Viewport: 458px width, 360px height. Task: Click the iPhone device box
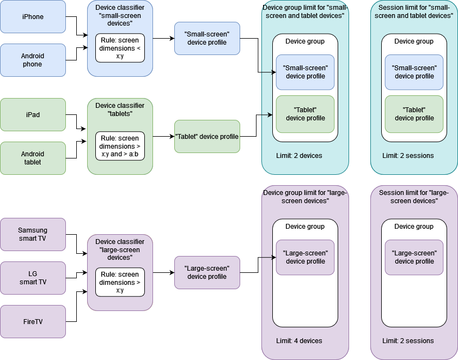pos(33,16)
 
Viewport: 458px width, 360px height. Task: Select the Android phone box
pos(33,60)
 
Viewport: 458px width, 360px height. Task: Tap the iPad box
pos(33,114)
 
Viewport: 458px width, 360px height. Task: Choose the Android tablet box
pos(33,158)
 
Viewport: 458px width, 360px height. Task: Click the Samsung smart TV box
pos(33,234)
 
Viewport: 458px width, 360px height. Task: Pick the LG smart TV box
pos(33,278)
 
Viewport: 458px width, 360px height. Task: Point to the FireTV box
pos(33,321)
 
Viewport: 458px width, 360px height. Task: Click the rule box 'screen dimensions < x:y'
pos(120,48)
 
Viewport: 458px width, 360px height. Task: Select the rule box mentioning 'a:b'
pos(120,146)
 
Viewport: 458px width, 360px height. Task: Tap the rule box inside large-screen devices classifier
pos(120,282)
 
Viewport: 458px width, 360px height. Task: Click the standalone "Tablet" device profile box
pos(207,136)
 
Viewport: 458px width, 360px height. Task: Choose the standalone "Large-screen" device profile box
pos(207,272)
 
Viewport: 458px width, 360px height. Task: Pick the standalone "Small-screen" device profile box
pos(207,38)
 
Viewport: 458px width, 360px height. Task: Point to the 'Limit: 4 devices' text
pos(299,341)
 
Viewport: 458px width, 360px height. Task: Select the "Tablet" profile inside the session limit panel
pos(414,114)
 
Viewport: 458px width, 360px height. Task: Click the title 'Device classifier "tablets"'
pos(120,109)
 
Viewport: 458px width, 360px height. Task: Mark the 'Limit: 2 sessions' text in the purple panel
pos(408,341)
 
